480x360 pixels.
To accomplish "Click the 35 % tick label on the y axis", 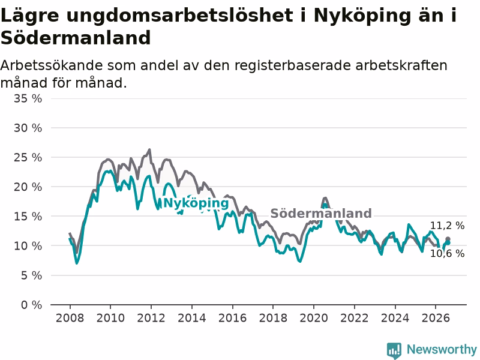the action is [28, 98].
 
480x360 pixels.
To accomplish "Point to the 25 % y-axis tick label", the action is [28, 158].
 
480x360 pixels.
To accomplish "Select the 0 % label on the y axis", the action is [32, 305].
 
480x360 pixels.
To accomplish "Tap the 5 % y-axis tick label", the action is [32, 275].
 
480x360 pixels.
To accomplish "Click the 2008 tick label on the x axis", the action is [70, 318].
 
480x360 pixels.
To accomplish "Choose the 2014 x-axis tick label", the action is [191, 318].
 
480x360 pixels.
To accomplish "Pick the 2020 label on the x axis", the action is [314, 318].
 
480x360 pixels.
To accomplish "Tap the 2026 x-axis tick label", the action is [436, 318].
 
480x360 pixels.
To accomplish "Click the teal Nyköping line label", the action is [196, 203].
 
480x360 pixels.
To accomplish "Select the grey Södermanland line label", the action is [321, 214].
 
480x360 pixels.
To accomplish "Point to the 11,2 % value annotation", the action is [447, 226].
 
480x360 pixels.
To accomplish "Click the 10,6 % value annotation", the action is [447, 253].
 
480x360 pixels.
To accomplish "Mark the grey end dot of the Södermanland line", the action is [448, 239].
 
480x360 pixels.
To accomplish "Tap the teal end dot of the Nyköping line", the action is [448, 243].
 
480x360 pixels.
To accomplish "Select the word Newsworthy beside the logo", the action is [442, 349].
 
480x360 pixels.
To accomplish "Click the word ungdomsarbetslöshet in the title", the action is [179, 16].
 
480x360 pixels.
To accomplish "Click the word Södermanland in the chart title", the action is [76, 38].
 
